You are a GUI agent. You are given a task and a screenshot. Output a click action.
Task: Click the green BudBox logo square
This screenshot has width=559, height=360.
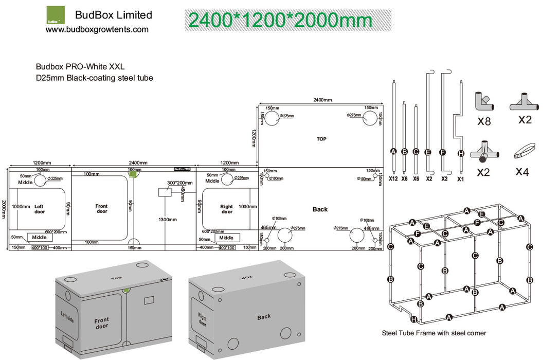tap(56, 15)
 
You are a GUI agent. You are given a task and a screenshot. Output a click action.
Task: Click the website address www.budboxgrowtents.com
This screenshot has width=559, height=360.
tap(97, 30)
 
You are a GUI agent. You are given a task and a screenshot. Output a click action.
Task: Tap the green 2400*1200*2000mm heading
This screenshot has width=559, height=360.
tap(280, 20)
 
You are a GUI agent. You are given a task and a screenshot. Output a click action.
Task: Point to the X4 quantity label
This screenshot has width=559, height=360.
tap(522, 172)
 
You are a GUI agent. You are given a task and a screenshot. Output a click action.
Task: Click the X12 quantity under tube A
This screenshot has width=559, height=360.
tap(394, 178)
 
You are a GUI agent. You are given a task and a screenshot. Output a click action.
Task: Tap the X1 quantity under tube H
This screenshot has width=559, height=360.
tap(461, 178)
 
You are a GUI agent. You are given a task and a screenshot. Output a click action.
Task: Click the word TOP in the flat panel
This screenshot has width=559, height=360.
tap(321, 139)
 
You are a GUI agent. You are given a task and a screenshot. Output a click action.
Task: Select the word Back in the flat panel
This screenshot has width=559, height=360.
tap(320, 209)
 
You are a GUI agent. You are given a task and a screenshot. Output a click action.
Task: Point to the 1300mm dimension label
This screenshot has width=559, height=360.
tap(168, 219)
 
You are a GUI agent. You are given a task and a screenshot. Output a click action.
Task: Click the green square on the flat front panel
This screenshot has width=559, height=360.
tap(133, 174)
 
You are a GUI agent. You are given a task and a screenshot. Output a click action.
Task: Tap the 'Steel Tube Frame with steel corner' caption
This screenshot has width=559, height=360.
tap(434, 333)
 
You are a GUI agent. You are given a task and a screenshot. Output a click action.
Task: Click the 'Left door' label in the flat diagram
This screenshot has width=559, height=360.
tap(40, 209)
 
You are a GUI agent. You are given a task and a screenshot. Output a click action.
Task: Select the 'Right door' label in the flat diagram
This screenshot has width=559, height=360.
tap(227, 209)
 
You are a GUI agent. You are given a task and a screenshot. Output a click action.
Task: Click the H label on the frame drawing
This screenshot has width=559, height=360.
tap(414, 319)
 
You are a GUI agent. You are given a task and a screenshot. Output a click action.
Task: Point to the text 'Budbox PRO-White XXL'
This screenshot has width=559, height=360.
tap(80, 66)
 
